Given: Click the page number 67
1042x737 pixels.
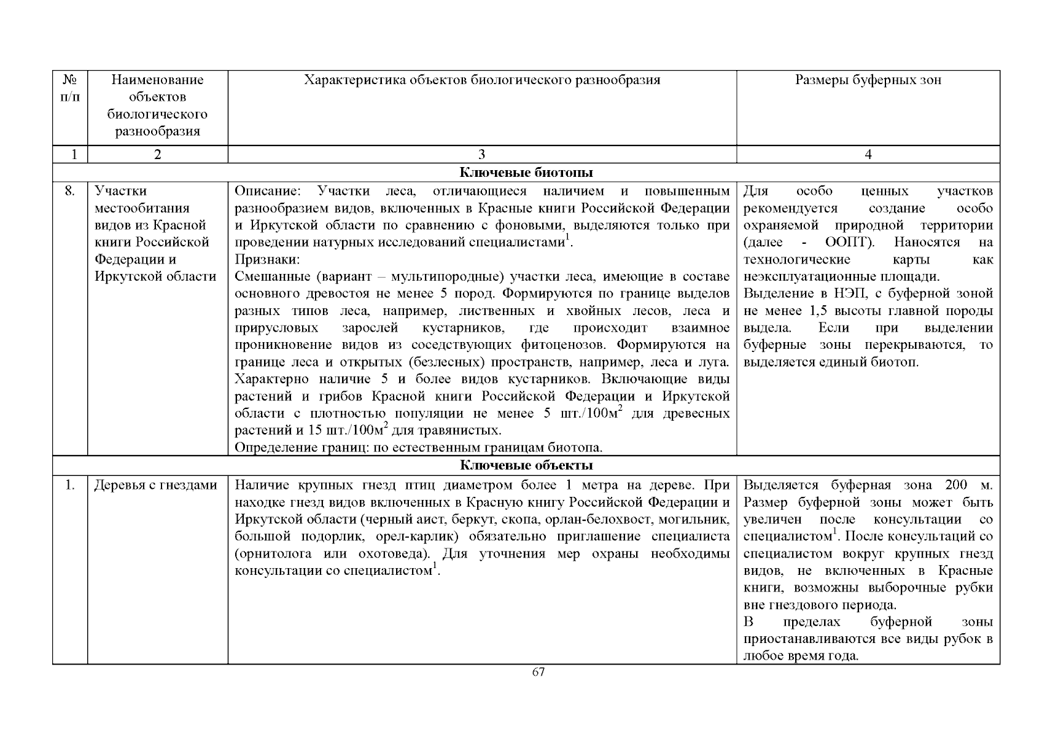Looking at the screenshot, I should [x=538, y=672].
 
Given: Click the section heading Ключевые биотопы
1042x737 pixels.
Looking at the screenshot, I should [x=526, y=173].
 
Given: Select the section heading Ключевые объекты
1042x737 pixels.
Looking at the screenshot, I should [x=526, y=465].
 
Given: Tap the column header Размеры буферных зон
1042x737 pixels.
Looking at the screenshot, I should [x=868, y=80].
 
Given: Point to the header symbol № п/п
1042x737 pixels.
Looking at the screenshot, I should [x=70, y=88].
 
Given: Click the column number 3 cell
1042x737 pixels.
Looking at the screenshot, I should [x=481, y=155].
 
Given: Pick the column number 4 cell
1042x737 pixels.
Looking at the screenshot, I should [x=868, y=155].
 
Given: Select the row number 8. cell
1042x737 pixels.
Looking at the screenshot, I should [x=70, y=191].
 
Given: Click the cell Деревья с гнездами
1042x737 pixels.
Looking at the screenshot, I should [x=156, y=485].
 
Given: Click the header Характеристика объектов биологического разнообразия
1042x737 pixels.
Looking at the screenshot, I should [x=481, y=80].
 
